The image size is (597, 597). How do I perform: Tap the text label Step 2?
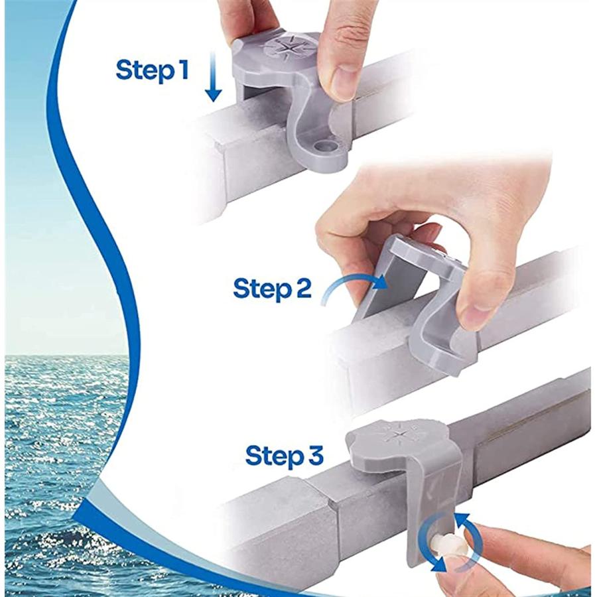click(272, 289)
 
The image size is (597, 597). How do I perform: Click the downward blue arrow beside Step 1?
click(212, 79)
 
